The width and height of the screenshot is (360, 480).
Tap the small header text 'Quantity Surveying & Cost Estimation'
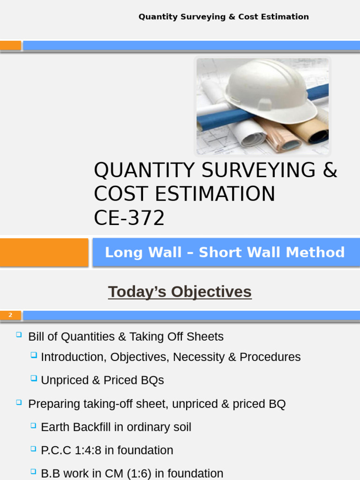tap(224, 17)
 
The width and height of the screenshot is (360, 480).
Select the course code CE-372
tap(129, 218)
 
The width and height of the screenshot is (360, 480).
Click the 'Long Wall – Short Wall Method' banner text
tap(225, 252)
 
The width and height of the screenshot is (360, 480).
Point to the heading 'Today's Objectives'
tap(180, 292)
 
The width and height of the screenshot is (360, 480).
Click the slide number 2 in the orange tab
tap(10, 315)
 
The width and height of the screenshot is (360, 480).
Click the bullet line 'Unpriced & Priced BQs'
tap(102, 380)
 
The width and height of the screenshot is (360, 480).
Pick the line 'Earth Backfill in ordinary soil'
tap(116, 427)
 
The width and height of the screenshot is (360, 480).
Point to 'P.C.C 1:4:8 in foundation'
tap(107, 450)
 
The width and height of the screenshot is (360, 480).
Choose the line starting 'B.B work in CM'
tap(132, 473)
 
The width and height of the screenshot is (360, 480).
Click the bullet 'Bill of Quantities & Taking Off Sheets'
tap(126, 337)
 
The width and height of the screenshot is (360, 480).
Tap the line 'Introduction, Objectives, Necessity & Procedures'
tap(171, 357)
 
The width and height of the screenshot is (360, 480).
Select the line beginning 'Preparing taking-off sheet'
tap(157, 404)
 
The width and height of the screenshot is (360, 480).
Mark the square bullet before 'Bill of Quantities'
tap(19, 335)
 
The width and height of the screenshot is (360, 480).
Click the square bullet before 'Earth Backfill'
tap(33, 426)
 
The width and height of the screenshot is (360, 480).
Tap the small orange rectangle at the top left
tap(10, 45)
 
